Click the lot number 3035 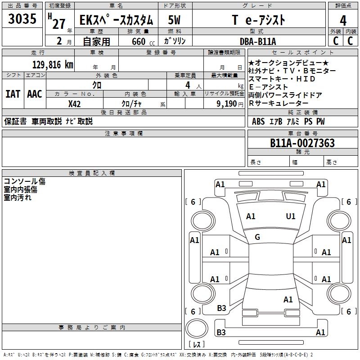coord(22,18)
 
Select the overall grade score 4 coord(343,20)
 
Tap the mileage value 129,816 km coord(53,65)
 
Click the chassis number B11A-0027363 coord(302,143)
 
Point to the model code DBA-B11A coord(258,41)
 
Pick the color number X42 coord(74,104)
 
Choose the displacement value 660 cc coord(143,41)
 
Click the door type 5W coord(174,20)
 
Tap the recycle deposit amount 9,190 coord(227,104)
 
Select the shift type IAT coord(13,94)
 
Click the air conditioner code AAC coord(35,94)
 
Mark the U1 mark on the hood coord(291,216)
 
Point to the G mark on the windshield coord(257,237)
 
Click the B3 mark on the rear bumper coord(221,332)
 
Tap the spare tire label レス coord(197,344)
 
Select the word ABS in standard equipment coord(258,121)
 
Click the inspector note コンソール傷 coord(25,181)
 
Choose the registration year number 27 coord(59,24)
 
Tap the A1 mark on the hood coord(251,216)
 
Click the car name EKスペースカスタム coord(116,20)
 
